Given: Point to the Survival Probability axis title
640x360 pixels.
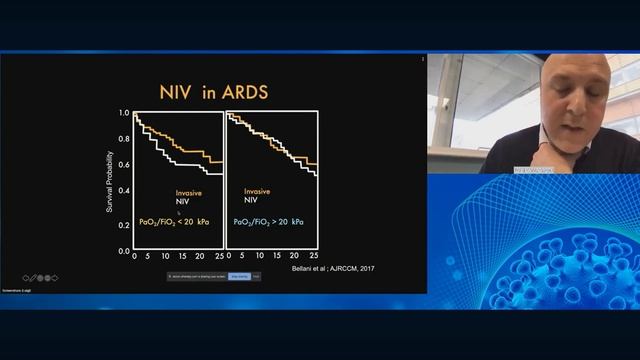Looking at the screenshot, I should tap(111, 181).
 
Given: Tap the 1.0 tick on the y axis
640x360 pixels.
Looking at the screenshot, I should tap(124, 113).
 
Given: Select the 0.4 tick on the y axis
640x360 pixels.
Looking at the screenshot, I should tap(124, 190).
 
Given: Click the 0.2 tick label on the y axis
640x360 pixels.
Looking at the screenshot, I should tap(124, 221).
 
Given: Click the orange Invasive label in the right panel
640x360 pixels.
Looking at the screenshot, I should tap(257, 190).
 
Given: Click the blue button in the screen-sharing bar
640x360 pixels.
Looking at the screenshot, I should tap(240, 276).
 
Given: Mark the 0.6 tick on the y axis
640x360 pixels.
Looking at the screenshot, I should tap(124, 165).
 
